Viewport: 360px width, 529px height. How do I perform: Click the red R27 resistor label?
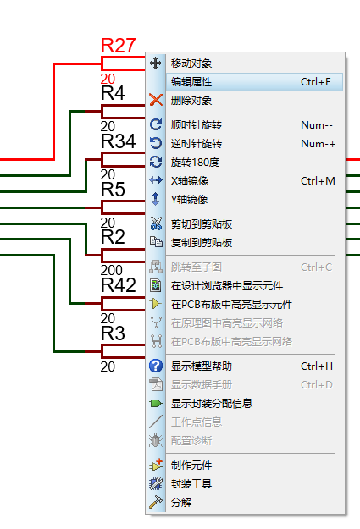pyautogui.click(x=119, y=46)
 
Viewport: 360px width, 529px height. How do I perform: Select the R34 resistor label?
pyautogui.click(x=119, y=141)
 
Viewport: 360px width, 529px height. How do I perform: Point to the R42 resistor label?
pyautogui.click(x=119, y=285)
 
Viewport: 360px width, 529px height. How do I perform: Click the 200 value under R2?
pyautogui.click(x=112, y=270)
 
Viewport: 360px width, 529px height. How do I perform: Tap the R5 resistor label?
pyautogui.click(x=113, y=190)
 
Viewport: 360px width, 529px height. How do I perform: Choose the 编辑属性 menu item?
pyautogui.click(x=191, y=82)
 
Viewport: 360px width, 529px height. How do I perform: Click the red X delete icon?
pyautogui.click(x=156, y=100)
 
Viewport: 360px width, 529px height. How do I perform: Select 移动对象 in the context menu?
pyautogui.click(x=191, y=63)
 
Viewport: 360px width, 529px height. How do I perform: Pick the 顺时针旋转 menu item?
pyautogui.click(x=197, y=125)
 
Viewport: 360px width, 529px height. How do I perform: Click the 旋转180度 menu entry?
pyautogui.click(x=195, y=163)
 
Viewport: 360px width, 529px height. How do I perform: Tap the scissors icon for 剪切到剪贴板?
pyautogui.click(x=156, y=223)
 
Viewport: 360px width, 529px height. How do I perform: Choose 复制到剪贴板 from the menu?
pyautogui.click(x=202, y=243)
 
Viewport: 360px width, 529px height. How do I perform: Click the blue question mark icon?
pyautogui.click(x=156, y=366)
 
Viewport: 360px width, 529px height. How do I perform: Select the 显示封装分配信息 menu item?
pyautogui.click(x=212, y=403)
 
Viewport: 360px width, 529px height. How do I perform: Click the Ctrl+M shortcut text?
pyautogui.click(x=318, y=181)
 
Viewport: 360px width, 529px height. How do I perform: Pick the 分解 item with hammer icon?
pyautogui.click(x=181, y=503)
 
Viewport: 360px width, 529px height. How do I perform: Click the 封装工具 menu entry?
pyautogui.click(x=191, y=484)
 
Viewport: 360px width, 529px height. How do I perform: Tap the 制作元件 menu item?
pyautogui.click(x=191, y=466)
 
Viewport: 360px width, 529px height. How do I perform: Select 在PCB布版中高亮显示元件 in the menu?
pyautogui.click(x=231, y=305)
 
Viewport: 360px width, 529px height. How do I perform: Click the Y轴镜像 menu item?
pyautogui.click(x=189, y=200)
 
